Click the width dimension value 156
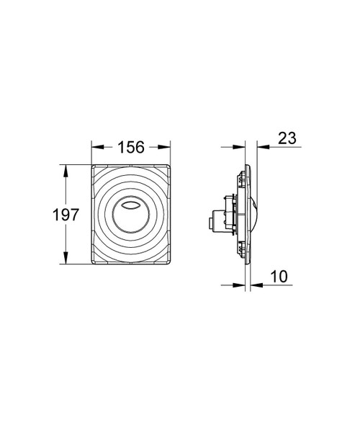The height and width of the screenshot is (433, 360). point(132,147)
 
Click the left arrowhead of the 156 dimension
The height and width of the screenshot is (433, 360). point(94,147)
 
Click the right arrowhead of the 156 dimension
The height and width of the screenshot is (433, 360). point(169,147)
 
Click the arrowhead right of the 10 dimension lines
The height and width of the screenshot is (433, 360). point(254,285)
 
